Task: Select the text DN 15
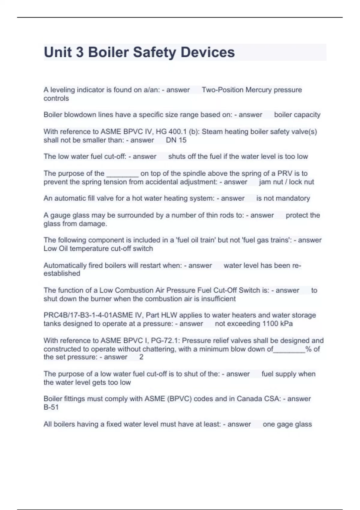(176, 140)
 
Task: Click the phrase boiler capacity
(297, 115)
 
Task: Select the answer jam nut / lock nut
(286, 182)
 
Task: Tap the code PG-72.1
(165, 341)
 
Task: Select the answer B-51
(51, 407)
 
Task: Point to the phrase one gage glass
(287, 424)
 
